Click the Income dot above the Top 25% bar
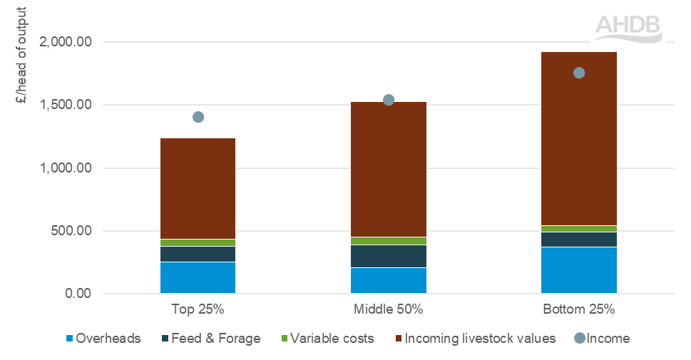[x=198, y=117]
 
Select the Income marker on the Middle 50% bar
[x=389, y=100]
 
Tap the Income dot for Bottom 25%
[x=579, y=73]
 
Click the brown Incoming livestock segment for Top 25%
[x=198, y=189]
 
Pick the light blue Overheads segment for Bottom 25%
[x=579, y=270]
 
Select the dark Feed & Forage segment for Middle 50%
[x=389, y=256]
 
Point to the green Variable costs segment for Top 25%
[x=198, y=243]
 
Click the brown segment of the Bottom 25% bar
[x=579, y=139]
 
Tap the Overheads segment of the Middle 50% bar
[x=389, y=280]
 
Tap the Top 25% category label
[x=198, y=310]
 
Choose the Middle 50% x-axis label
[x=389, y=310]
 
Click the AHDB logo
[x=628, y=28]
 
